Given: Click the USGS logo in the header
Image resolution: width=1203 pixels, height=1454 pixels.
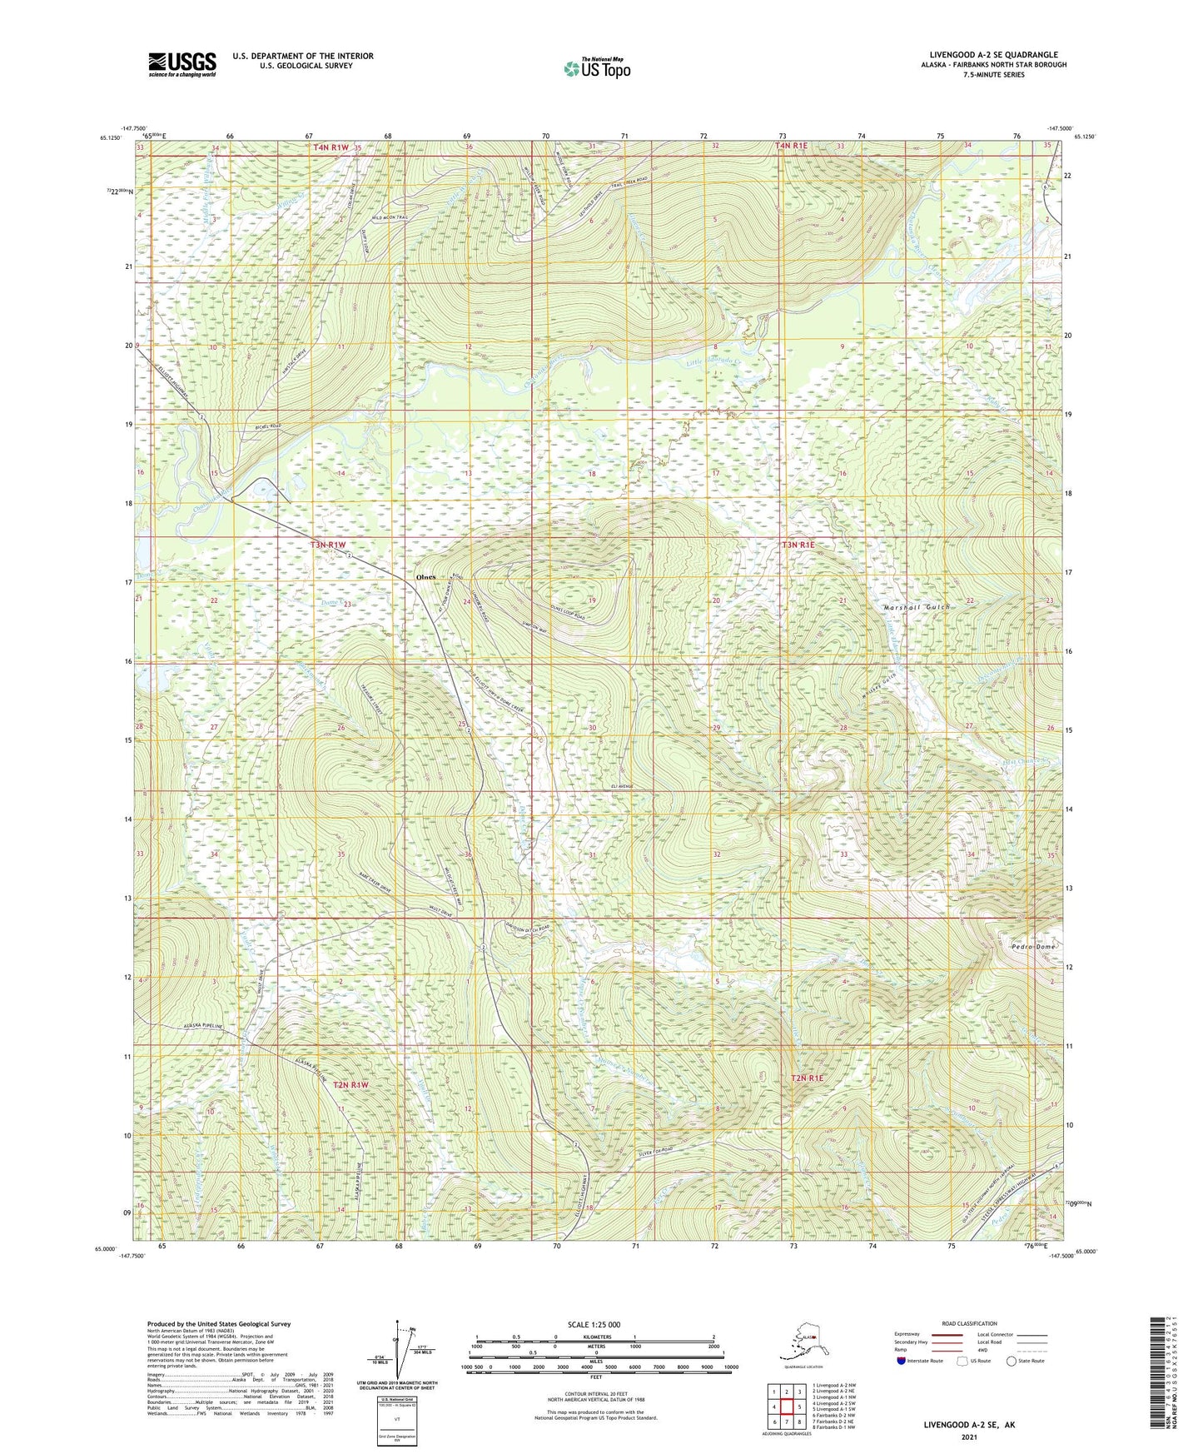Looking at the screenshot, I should [181, 64].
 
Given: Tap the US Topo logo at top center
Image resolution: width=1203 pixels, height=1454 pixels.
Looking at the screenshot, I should [596, 67].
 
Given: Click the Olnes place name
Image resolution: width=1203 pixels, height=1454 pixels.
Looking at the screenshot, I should [425, 577].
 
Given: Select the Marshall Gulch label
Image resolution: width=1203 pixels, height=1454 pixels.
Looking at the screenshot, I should [916, 607].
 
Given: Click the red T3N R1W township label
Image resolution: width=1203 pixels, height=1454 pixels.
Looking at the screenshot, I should [327, 545].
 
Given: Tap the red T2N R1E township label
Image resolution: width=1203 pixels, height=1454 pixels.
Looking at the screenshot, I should [806, 1078].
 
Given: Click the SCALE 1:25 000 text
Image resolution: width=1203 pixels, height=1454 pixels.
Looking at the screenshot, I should [594, 1324].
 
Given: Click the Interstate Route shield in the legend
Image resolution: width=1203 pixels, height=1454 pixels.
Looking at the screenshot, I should [901, 1361].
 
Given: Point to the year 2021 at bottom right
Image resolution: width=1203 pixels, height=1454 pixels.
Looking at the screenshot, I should [968, 1437].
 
